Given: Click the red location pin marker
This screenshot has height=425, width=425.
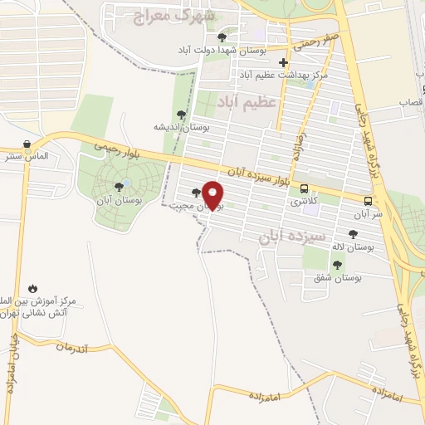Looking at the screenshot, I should pyautogui.click(x=214, y=195).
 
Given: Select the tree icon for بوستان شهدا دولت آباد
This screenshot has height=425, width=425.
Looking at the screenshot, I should pyautogui.click(x=221, y=37).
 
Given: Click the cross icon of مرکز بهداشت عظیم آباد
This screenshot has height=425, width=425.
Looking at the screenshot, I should pyautogui.click(x=284, y=62).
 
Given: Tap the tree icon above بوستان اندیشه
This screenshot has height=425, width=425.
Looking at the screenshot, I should pyautogui.click(x=182, y=115).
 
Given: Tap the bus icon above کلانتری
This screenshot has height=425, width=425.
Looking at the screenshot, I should pyautogui.click(x=304, y=188).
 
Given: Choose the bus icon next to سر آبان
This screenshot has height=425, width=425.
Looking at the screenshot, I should pyautogui.click(x=368, y=200).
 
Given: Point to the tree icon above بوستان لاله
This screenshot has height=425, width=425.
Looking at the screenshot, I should pyautogui.click(x=353, y=235).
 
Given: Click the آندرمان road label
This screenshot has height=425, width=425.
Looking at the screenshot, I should pyautogui.click(x=83, y=347).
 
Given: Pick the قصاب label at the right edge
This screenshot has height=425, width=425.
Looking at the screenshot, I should pyautogui.click(x=412, y=101).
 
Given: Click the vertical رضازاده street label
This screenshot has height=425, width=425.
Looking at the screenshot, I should pyautogui.click(x=297, y=144).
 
